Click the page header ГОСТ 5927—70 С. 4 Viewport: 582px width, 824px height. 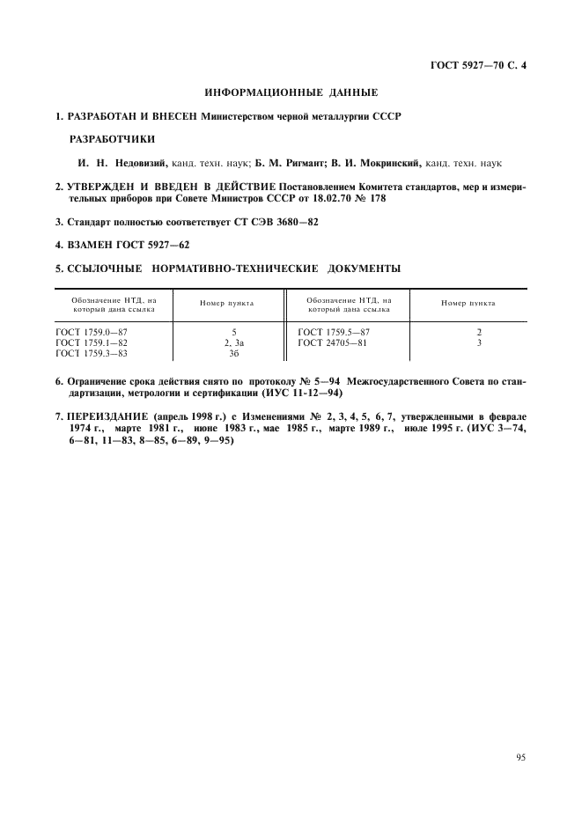(476, 65)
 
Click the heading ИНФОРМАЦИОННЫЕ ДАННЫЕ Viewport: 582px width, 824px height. (291, 92)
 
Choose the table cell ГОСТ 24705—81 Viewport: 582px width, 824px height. (334, 342)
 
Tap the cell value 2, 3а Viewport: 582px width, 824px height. (233, 342)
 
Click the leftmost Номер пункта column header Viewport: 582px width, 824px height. (227, 304)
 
